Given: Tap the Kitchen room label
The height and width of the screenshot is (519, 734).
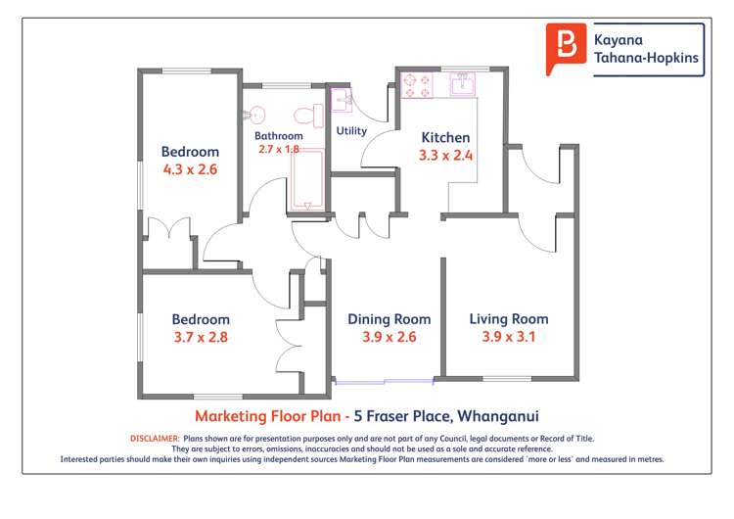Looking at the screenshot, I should point(445,137).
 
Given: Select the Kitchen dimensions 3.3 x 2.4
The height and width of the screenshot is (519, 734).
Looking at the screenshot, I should point(445,155).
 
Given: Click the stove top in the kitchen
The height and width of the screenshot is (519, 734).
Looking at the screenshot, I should point(418,86).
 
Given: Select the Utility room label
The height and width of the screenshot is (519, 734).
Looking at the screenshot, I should point(351,130).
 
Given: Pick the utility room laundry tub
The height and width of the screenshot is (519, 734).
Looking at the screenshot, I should point(343,100).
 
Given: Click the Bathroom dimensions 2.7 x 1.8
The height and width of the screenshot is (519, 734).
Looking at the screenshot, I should point(278,149).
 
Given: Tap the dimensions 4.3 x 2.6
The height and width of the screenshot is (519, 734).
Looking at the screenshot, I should point(190,169).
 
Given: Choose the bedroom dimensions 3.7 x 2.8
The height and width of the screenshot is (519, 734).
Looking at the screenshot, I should point(201,338).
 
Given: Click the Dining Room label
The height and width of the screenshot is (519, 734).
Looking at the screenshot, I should point(390,319).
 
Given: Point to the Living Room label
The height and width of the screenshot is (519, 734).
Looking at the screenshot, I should point(508,319).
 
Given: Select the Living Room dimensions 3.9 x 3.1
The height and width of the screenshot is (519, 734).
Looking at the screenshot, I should point(508,338).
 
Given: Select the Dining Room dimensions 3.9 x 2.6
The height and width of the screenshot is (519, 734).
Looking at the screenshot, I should point(390,338).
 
